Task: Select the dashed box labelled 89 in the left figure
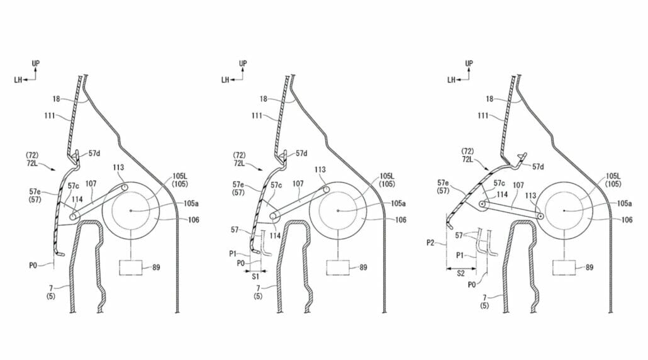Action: [131, 267]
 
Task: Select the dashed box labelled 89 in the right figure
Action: [564, 267]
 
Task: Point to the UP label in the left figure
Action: [36, 63]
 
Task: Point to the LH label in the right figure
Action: [451, 79]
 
